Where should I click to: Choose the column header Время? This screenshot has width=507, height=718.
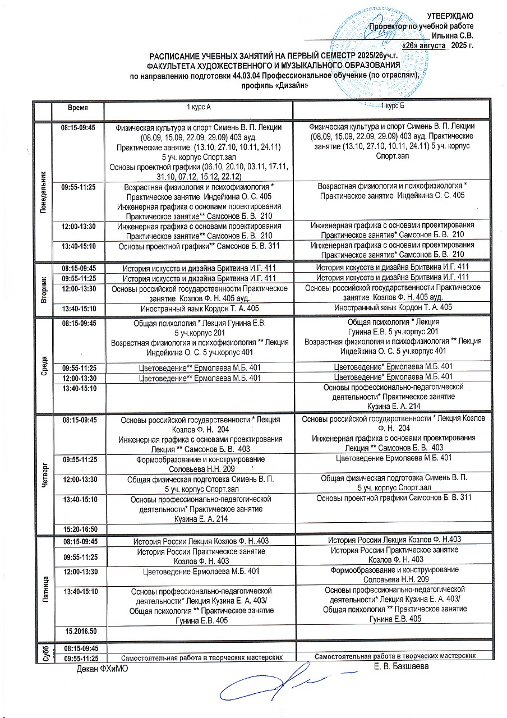(78, 107)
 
